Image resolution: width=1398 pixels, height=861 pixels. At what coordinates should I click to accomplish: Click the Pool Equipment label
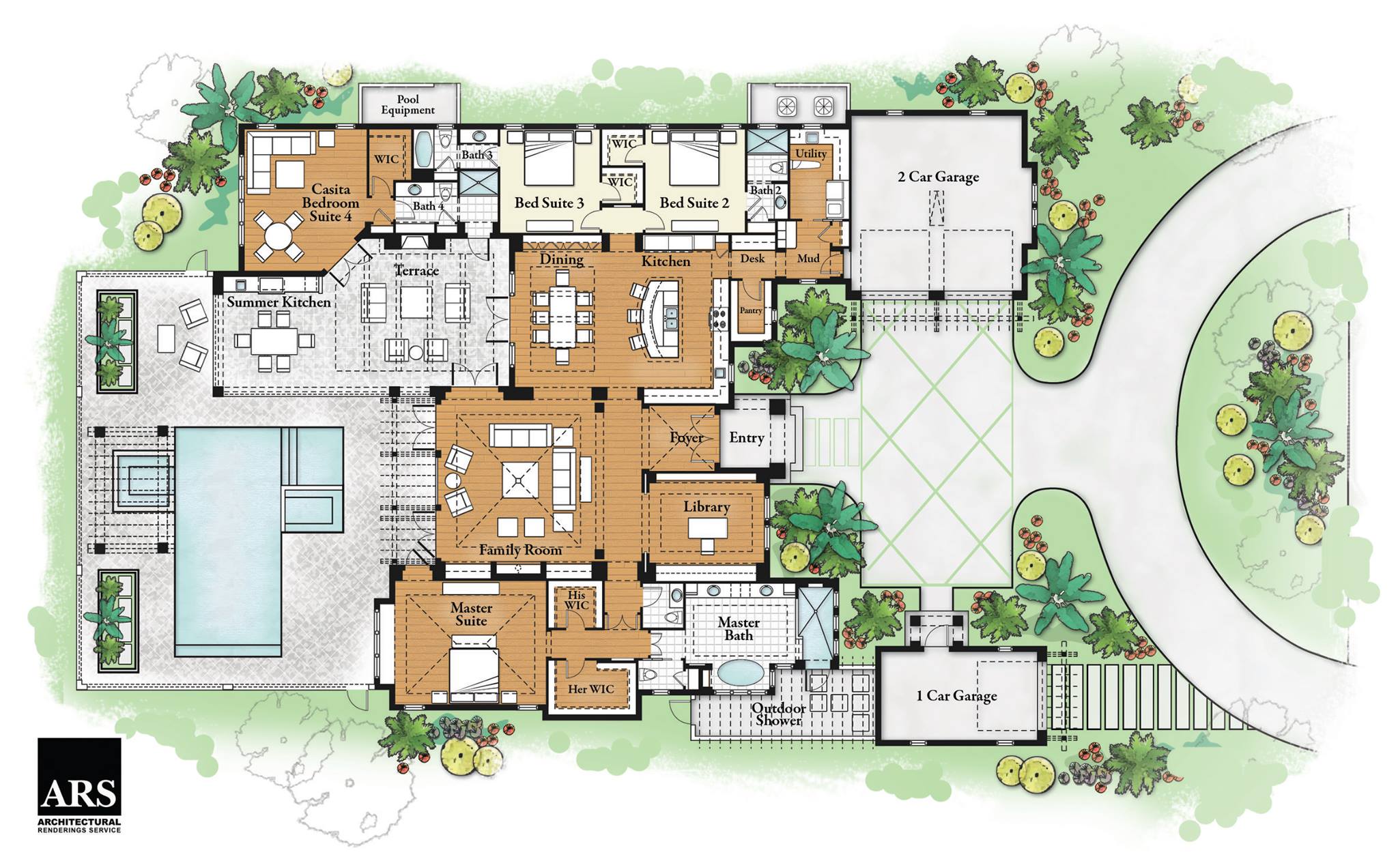point(408,104)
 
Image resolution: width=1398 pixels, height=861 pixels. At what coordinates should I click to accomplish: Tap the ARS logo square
point(79,778)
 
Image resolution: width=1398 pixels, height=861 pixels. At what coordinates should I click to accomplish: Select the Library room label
point(707,507)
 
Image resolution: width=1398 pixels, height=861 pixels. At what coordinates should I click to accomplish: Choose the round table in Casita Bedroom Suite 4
point(278,236)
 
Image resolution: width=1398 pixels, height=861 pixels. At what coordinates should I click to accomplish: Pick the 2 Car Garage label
point(938,177)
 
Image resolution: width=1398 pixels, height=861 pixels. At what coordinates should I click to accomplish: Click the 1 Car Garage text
point(956,696)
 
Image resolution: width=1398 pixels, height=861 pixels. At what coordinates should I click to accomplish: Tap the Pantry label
point(751,310)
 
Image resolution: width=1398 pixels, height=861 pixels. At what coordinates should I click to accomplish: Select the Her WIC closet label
point(591,689)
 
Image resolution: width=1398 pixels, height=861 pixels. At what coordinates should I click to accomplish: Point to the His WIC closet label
point(577,600)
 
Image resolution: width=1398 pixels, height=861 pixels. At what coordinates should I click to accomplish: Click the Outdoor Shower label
point(778,714)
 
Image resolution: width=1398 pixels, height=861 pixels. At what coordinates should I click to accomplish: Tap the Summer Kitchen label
point(279,302)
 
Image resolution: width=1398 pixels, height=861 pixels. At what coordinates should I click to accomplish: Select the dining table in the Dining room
point(562,317)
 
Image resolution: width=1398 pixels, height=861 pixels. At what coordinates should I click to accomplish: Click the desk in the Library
point(707,528)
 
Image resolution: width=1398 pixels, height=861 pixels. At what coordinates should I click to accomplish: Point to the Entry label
point(746,438)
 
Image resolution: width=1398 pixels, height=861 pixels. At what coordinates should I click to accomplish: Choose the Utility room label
point(811,154)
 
